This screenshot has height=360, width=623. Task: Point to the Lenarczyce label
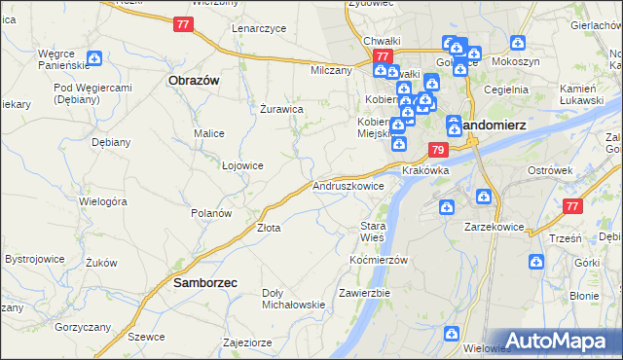click(259, 28)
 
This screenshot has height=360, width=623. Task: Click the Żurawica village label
click(283, 110)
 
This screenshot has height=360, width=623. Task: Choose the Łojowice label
click(243, 165)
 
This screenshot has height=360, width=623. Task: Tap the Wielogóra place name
click(104, 201)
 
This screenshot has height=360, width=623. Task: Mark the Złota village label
click(269, 228)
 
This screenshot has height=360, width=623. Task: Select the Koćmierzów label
click(378, 260)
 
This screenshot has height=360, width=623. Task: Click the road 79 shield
click(438, 151)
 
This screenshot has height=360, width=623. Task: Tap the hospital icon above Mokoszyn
click(518, 44)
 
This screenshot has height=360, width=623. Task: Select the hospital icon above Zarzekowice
click(446, 206)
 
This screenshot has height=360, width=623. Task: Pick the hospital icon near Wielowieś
click(452, 334)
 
